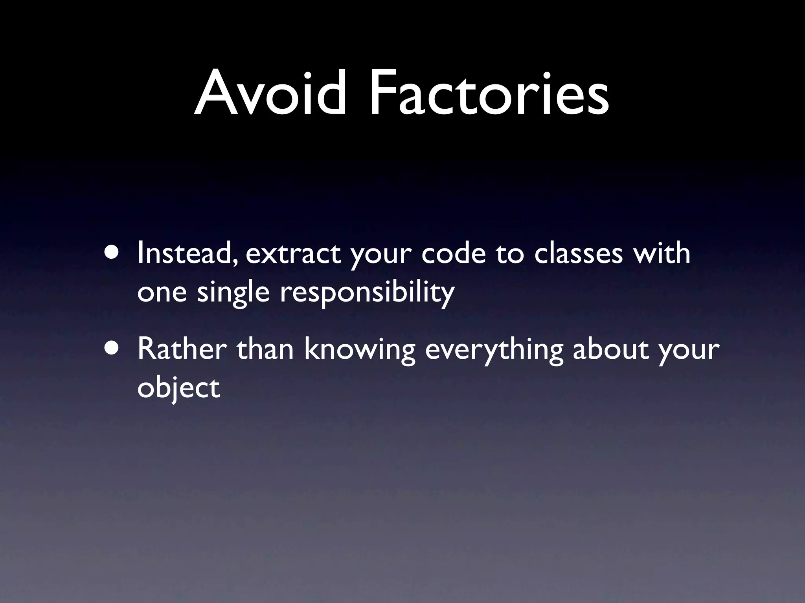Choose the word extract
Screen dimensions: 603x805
click(293, 254)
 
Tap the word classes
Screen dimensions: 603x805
click(578, 254)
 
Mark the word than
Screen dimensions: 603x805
click(265, 349)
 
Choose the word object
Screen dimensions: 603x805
click(178, 389)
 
